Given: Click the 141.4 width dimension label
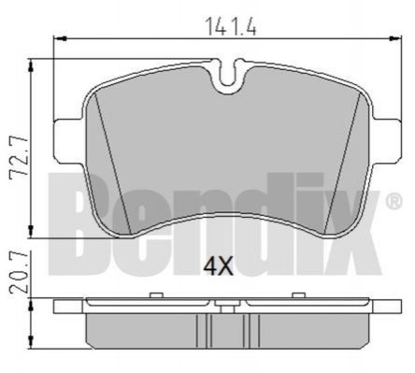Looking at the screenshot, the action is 231,26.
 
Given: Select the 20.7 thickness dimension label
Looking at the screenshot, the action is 19,273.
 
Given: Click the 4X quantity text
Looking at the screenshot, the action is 218,267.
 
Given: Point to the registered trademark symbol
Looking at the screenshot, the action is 394,201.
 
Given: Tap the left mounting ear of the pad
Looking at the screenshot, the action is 68,139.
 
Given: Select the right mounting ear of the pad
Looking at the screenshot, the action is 386,139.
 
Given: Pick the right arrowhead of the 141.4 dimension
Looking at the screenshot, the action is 395,38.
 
